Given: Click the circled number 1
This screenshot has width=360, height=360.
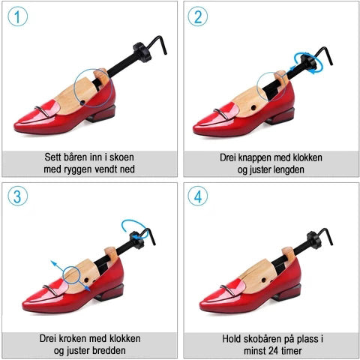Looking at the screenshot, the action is pos(17,16).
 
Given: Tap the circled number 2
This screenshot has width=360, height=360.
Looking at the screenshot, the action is pos(197,16).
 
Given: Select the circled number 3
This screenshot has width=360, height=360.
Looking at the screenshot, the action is pos(17,196).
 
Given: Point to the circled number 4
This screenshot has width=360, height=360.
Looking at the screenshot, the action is pos(197,196).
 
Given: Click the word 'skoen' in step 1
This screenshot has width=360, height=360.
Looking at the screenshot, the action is pos(121,157).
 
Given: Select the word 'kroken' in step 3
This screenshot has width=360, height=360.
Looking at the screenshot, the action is pos(73,339).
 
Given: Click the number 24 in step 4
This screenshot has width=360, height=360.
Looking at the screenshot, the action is pos(273,351).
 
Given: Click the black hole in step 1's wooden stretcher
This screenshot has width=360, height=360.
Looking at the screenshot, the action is pos(82,102).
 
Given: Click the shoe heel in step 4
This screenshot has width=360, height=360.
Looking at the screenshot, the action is pos(286,292).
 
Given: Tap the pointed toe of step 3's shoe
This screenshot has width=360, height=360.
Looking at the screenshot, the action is pos(23,305).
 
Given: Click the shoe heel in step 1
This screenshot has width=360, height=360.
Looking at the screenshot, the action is pos(101,114).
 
